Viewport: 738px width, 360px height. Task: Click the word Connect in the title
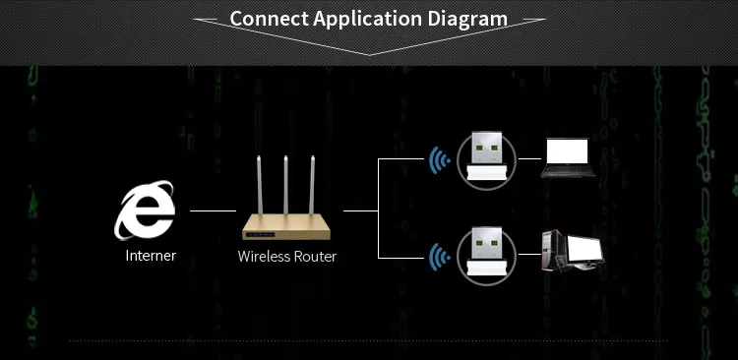click(x=269, y=19)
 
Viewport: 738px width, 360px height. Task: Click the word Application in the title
click(x=369, y=19)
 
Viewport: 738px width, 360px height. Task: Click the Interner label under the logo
click(x=151, y=257)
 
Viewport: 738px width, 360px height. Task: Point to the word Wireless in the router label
click(x=265, y=257)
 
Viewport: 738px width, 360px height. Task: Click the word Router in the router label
click(x=316, y=257)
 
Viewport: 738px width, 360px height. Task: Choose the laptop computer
click(x=569, y=157)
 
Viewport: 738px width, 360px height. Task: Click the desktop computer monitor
click(x=582, y=250)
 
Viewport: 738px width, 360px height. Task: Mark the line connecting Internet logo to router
click(x=213, y=210)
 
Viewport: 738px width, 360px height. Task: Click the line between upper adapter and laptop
click(x=529, y=157)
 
